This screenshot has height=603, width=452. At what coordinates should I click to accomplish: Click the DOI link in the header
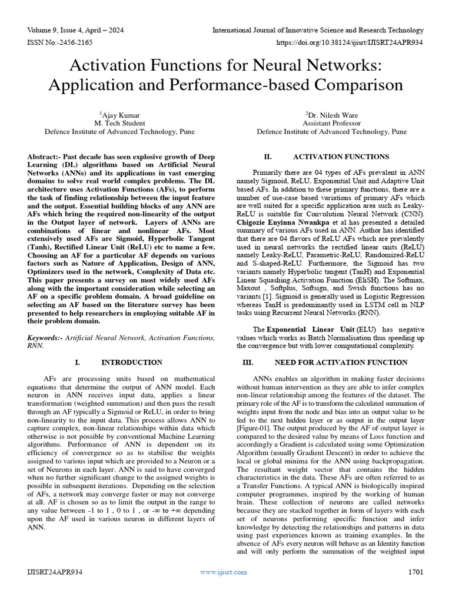[353, 43]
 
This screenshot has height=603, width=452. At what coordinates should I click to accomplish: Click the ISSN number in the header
[59, 43]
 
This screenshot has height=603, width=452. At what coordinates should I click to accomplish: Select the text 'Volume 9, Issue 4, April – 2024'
[77, 30]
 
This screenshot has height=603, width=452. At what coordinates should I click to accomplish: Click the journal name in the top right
[317, 30]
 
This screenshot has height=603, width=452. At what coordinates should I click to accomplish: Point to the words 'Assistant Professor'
[331, 124]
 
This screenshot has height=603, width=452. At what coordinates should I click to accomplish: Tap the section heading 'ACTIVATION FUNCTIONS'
[341, 157]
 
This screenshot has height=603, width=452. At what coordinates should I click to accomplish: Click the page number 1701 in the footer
[415, 588]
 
